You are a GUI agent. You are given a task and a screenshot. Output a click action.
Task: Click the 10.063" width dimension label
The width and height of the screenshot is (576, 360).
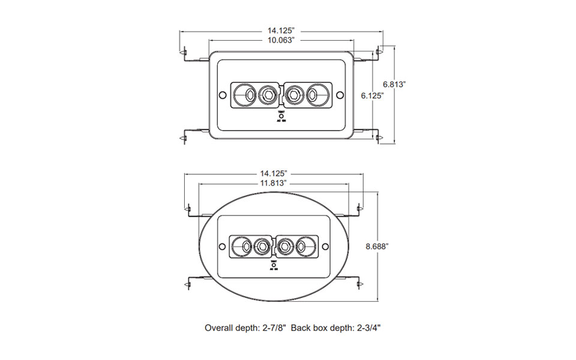(x=280, y=40)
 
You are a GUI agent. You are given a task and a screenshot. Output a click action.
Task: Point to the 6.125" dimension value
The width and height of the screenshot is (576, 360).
(x=372, y=95)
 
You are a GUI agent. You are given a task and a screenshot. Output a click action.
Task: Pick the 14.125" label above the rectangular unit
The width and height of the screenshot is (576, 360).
(x=280, y=29)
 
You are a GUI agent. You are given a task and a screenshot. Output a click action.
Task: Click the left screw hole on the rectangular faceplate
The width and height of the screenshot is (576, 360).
(x=222, y=94)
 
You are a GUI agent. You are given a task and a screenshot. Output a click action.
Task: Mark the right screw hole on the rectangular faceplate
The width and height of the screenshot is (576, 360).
(x=339, y=94)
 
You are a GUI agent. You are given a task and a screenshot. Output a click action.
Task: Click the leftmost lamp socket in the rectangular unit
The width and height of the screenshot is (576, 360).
(x=244, y=94)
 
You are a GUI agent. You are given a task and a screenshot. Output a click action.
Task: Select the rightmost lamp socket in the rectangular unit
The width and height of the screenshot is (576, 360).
(x=316, y=94)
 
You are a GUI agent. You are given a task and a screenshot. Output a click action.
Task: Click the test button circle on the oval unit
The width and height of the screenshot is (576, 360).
(x=274, y=265)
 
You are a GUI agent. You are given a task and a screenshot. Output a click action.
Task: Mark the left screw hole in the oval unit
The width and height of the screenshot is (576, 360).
(x=222, y=246)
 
